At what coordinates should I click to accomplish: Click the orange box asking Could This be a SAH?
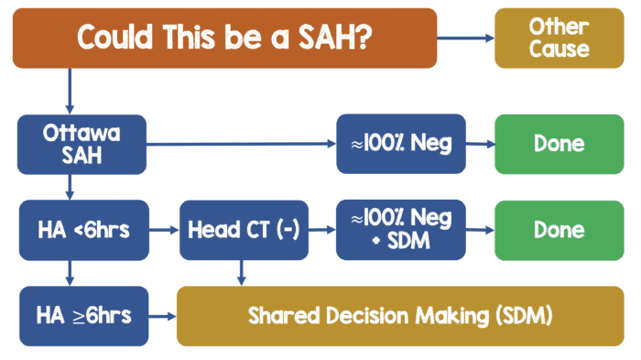(x=224, y=38)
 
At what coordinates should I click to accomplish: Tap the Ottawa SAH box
(x=82, y=144)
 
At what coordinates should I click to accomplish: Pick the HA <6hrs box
(x=82, y=230)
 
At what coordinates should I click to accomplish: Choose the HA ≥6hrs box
(x=82, y=316)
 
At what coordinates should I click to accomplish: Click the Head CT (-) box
(x=241, y=230)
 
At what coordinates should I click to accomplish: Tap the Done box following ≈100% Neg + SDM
(x=558, y=230)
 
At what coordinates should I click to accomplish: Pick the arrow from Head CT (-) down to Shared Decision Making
(x=241, y=272)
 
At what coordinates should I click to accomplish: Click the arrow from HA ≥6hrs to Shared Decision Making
(x=162, y=317)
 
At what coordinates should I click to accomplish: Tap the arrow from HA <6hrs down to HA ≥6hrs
(x=70, y=272)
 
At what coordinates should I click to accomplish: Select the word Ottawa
(x=82, y=132)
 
